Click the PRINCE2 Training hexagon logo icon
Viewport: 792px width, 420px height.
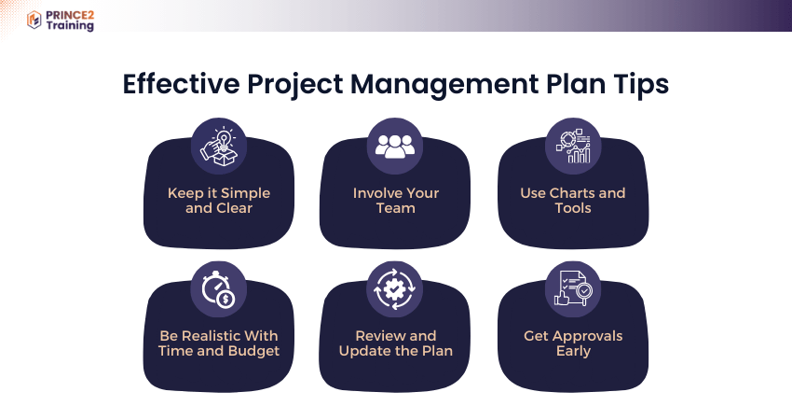click(x=34, y=20)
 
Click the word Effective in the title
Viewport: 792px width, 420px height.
click(x=182, y=83)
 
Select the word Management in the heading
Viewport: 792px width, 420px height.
click(x=444, y=85)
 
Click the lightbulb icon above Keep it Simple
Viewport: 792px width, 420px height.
click(x=219, y=147)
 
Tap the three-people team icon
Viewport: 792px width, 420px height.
click(x=395, y=147)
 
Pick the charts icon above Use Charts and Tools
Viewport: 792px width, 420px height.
click(x=573, y=147)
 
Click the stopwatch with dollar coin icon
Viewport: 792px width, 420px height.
click(x=219, y=289)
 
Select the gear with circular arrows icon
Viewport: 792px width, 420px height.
click(x=394, y=289)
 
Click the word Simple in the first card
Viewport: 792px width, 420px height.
click(x=245, y=194)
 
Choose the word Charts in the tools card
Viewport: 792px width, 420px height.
click(x=572, y=193)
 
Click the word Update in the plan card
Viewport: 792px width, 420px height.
click(x=362, y=352)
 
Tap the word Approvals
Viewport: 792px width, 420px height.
click(x=586, y=337)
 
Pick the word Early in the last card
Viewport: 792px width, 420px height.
click(x=573, y=352)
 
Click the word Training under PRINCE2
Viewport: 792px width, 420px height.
click(x=70, y=25)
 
